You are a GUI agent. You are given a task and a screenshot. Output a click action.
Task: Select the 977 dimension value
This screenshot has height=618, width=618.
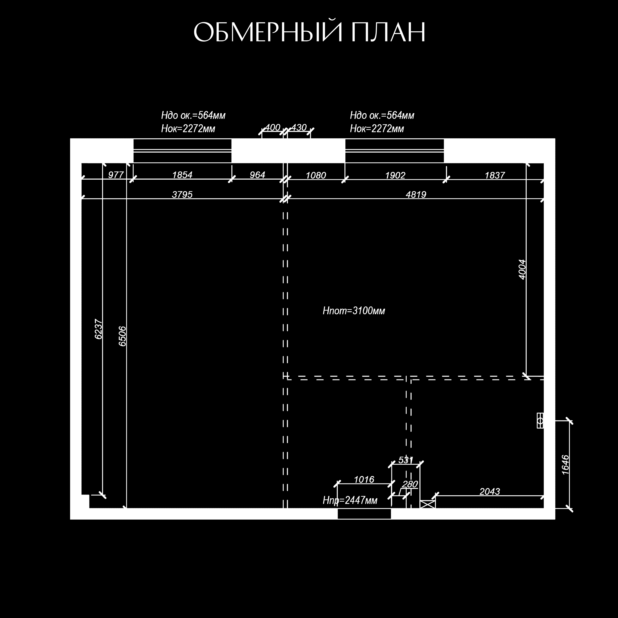(116, 175)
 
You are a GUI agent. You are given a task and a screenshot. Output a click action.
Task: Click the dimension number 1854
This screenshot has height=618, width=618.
(182, 175)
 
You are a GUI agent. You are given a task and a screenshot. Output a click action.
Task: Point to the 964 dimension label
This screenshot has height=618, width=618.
(257, 175)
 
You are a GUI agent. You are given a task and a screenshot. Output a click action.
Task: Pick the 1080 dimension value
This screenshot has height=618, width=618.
(316, 175)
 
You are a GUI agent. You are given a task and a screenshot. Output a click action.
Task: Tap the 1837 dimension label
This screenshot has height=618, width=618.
(495, 175)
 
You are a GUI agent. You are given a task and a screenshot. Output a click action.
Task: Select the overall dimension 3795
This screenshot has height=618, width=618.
(182, 194)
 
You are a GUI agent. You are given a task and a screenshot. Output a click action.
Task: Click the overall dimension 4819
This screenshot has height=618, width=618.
(416, 194)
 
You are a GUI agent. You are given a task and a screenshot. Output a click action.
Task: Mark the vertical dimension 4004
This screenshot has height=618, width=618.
(522, 270)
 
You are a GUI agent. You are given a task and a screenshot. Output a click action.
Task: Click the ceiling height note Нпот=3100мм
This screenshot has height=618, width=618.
(354, 311)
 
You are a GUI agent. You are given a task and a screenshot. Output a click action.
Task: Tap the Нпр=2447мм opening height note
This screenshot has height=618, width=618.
(350, 500)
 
